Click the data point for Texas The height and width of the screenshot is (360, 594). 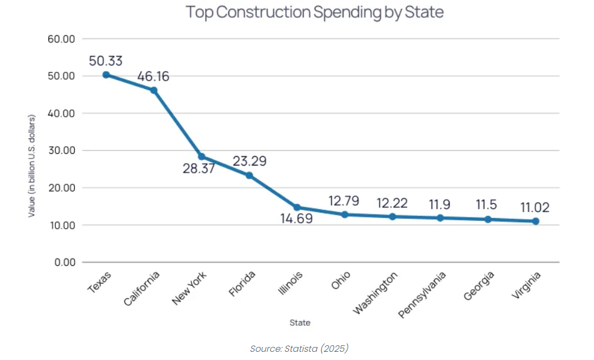pyautogui.click(x=106, y=75)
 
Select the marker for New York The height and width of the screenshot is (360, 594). pyautogui.click(x=202, y=157)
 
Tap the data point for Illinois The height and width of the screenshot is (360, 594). pyautogui.click(x=297, y=207)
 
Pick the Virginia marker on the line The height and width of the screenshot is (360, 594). pyautogui.click(x=536, y=221)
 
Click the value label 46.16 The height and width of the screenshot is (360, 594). pyautogui.click(x=153, y=77)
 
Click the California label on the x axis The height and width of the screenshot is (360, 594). pyautogui.click(x=142, y=289)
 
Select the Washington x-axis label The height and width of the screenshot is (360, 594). pyautogui.click(x=375, y=293)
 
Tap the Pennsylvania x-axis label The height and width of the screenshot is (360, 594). pyautogui.click(x=422, y=295)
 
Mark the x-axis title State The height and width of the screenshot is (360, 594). pyautogui.click(x=299, y=323)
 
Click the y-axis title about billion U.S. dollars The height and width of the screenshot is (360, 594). pyautogui.click(x=32, y=166)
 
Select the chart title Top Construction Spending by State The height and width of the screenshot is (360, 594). pyautogui.click(x=315, y=12)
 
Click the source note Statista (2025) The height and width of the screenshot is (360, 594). pyautogui.click(x=299, y=348)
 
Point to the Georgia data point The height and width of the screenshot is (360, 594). pyautogui.click(x=488, y=219)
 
